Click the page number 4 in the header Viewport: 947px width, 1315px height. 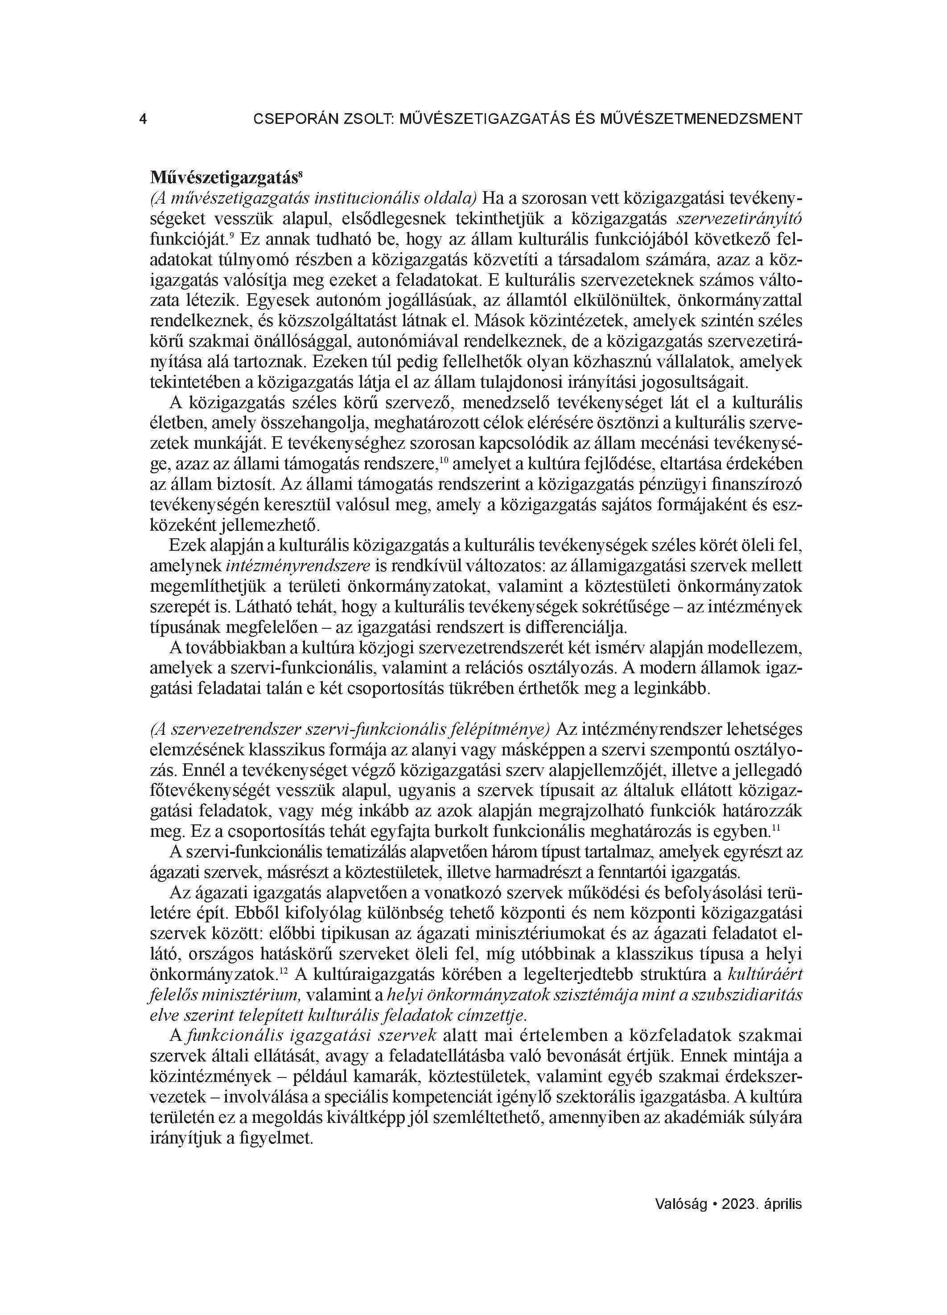pos(143,119)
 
